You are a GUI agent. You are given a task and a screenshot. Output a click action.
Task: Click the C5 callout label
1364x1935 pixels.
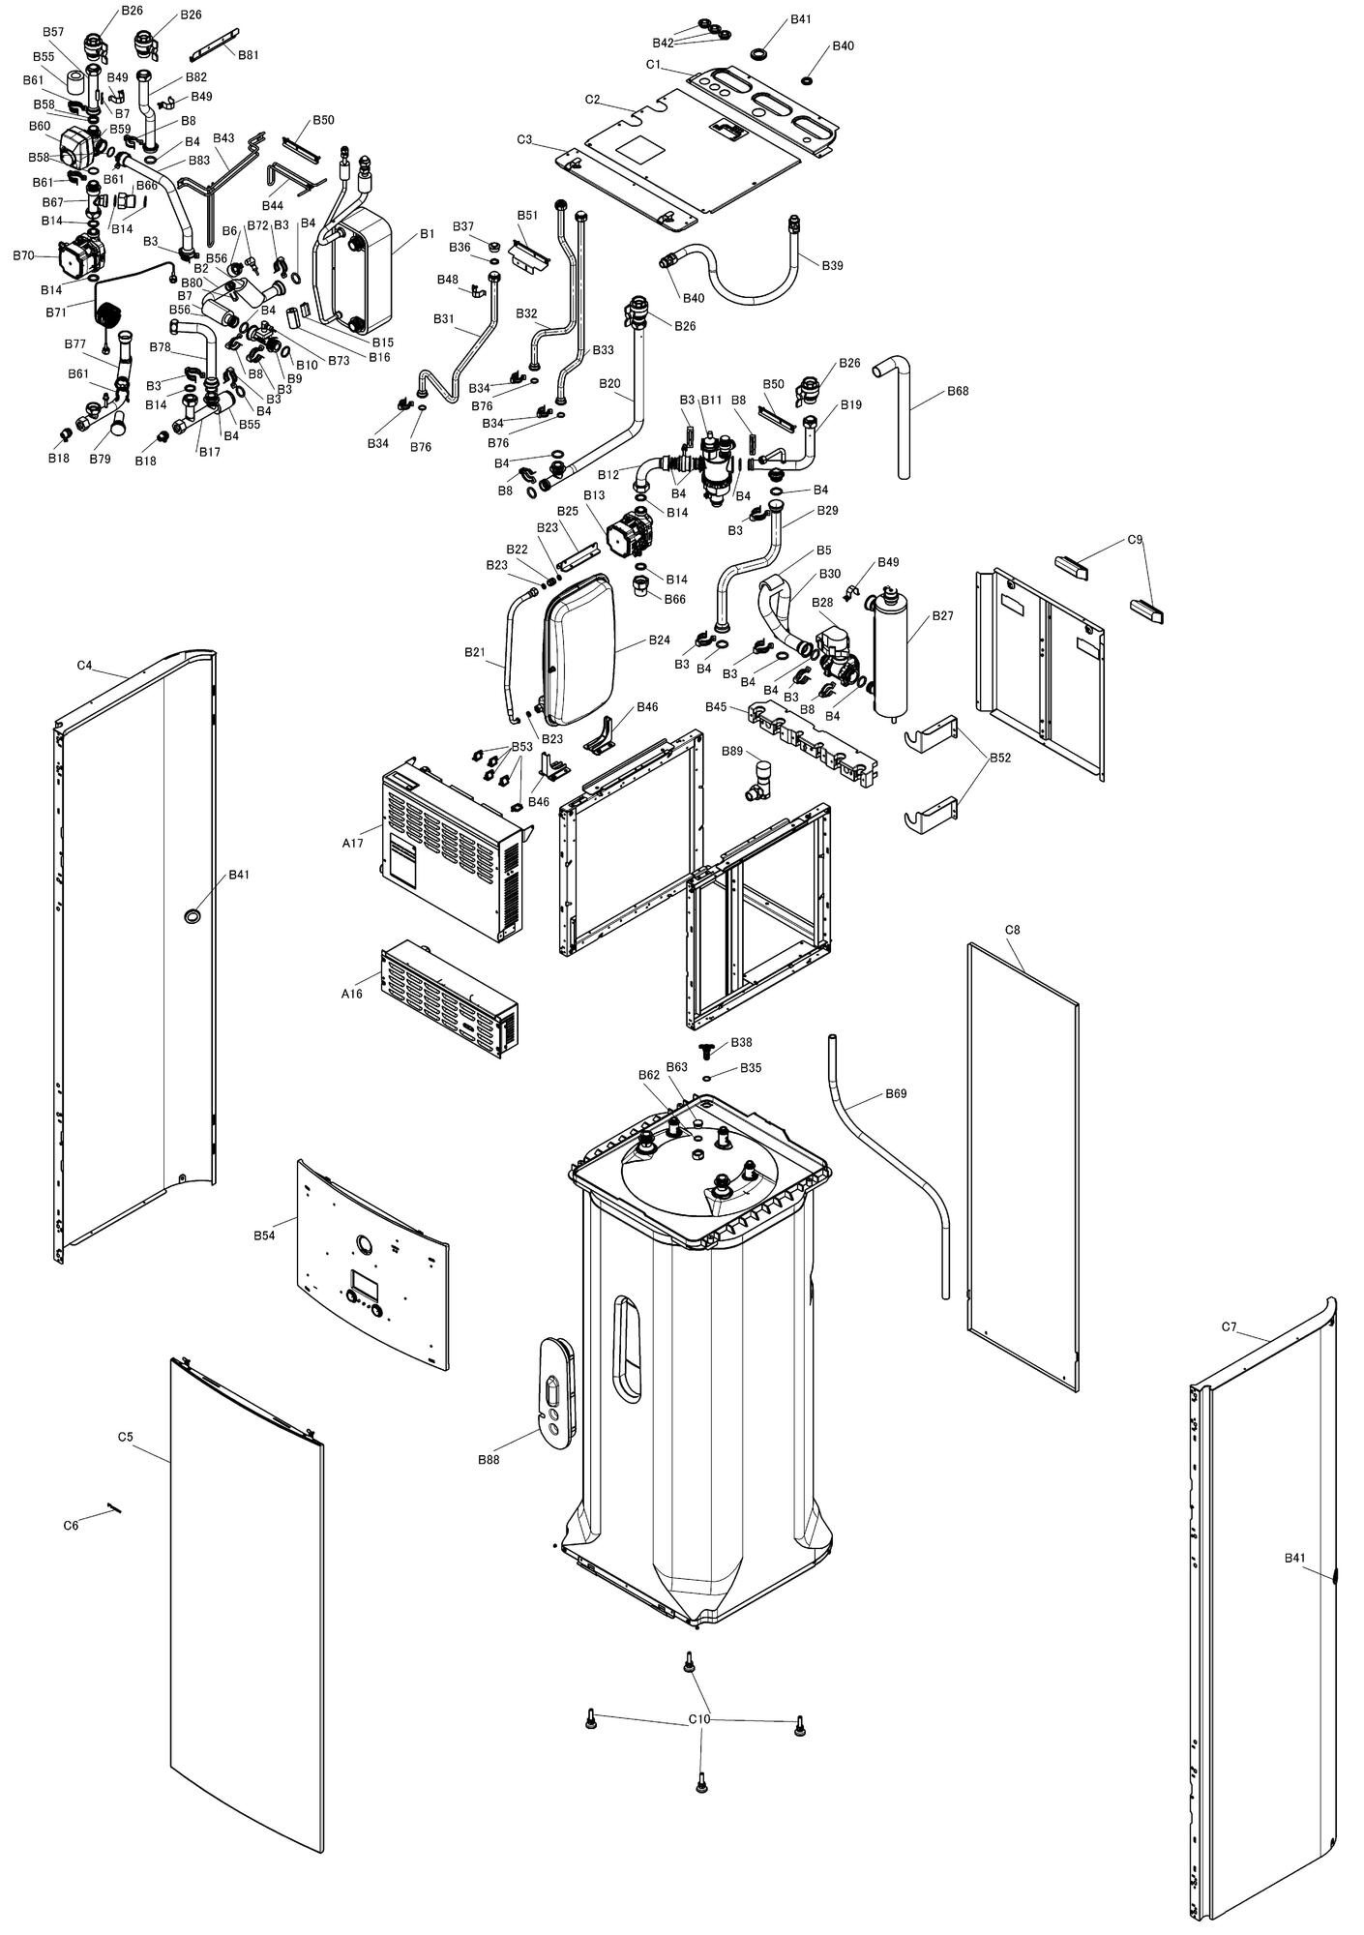coord(125,1437)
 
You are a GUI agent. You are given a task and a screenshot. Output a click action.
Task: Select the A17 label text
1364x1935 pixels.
coord(352,843)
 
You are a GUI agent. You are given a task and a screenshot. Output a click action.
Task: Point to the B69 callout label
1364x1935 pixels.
coord(896,1094)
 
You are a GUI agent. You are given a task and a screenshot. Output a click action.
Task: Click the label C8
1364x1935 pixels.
coord(1012,930)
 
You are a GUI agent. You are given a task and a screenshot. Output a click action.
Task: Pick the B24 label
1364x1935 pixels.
coord(659,640)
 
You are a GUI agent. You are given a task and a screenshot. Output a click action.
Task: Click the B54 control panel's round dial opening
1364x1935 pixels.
coord(363,1244)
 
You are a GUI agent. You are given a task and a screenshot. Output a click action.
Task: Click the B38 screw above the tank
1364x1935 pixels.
coord(709,1049)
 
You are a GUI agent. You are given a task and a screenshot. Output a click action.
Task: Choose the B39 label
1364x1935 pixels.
coord(832,265)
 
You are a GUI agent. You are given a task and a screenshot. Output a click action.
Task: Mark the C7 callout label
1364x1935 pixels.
coord(1229,1326)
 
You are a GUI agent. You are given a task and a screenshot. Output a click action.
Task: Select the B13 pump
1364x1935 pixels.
coord(627,534)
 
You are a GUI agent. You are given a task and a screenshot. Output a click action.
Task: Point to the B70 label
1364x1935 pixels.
coord(24,255)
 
